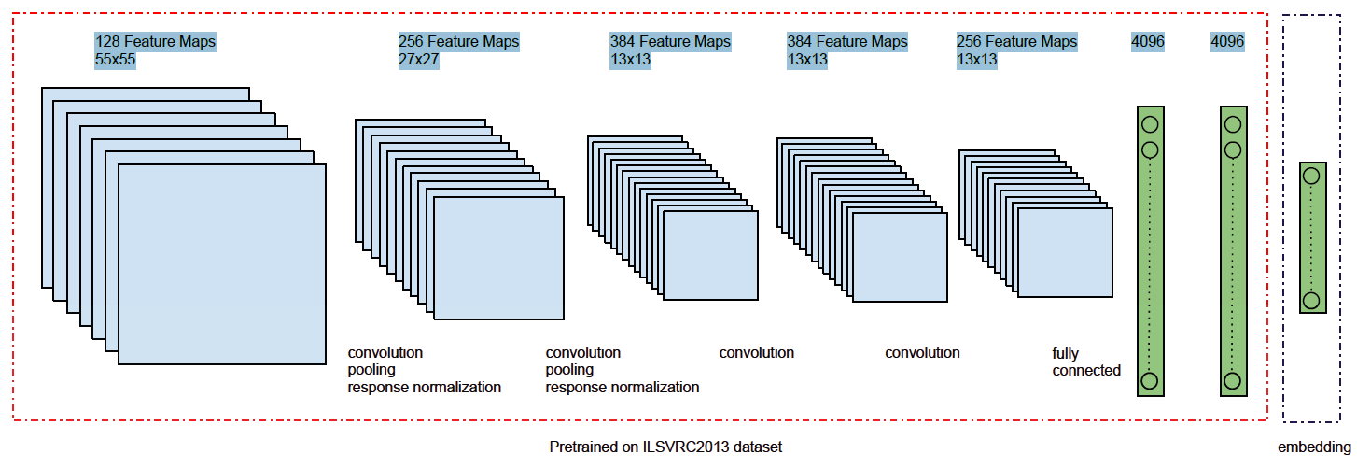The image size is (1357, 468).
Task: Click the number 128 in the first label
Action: (107, 42)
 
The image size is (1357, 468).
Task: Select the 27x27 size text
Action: (418, 60)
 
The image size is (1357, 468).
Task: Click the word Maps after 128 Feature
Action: (197, 42)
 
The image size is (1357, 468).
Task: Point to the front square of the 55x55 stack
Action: (222, 264)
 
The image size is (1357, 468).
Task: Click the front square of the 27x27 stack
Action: (498, 259)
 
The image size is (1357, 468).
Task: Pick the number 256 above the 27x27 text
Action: (411, 42)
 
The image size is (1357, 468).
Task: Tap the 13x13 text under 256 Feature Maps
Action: (976, 60)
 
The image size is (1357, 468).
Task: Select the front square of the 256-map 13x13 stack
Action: (1065, 252)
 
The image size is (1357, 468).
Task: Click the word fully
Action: (1066, 354)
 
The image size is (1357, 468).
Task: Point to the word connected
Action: (1086, 371)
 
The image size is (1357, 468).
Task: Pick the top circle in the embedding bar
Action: (1311, 176)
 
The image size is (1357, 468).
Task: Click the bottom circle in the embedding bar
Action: (1311, 300)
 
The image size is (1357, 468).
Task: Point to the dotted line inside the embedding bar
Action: (1311, 238)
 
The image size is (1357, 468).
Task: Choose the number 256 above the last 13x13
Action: (969, 42)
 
